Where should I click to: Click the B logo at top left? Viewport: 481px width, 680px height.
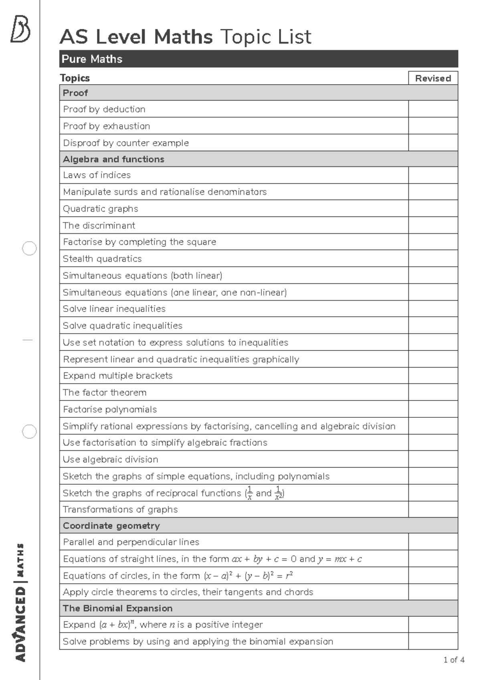tap(20, 29)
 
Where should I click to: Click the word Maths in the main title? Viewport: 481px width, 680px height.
tap(183, 37)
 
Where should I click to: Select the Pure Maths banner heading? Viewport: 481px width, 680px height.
tap(92, 59)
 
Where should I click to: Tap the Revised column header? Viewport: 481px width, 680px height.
tap(433, 78)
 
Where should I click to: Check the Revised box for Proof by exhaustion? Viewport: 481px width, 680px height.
tap(433, 126)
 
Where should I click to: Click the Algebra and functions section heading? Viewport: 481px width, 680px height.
tap(113, 159)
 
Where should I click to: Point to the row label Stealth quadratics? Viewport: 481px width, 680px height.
tap(102, 259)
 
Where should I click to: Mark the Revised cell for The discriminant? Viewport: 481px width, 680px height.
tap(433, 225)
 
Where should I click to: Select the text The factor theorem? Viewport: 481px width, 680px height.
tap(105, 393)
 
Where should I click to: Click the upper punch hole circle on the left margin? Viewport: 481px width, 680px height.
tap(29, 249)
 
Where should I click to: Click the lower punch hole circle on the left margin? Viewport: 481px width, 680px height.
tap(29, 432)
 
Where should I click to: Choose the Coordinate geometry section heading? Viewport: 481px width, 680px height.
tap(111, 526)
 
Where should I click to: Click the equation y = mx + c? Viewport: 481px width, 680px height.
tap(340, 559)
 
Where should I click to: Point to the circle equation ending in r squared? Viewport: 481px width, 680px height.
tap(249, 576)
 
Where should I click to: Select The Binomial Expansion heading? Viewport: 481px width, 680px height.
tap(117, 608)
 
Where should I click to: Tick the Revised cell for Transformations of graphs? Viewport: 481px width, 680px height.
tap(433, 509)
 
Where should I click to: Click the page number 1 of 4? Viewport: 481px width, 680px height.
tap(454, 660)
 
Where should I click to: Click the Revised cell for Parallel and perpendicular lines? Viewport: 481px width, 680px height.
tap(433, 542)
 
